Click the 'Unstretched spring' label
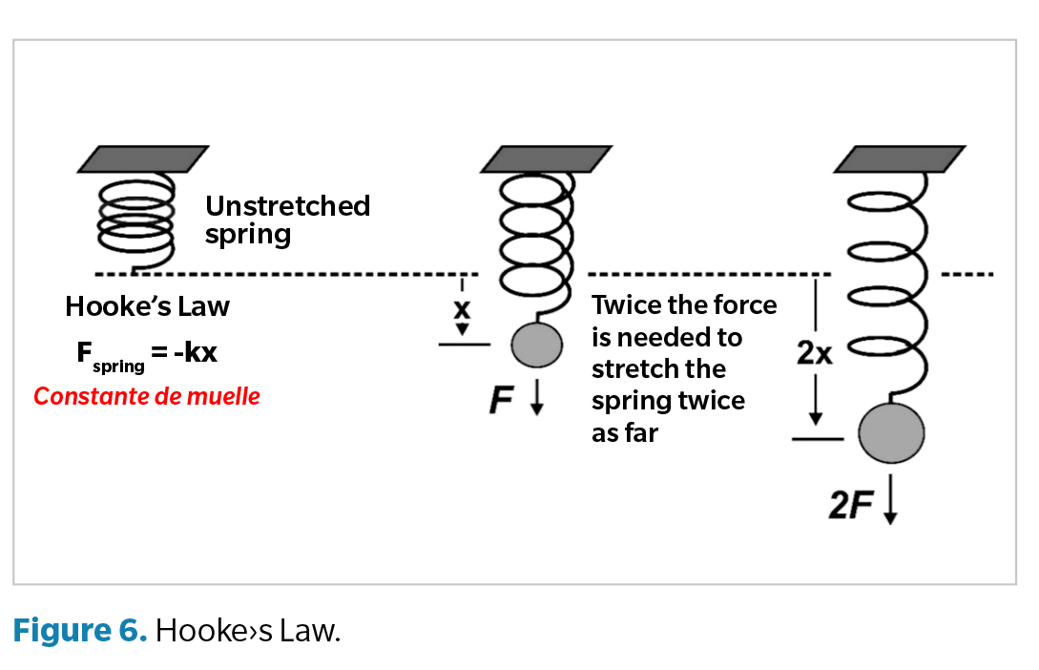tap(287, 220)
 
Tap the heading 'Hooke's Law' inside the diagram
tap(147, 306)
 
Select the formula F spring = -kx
tap(147, 354)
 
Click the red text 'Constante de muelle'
tap(147, 396)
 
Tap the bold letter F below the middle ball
tap(501, 400)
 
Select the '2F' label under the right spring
tap(851, 507)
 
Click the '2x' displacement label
tap(814, 354)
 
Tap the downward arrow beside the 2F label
tap(889, 505)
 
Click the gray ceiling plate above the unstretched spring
tap(143, 158)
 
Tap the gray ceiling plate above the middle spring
tap(537, 158)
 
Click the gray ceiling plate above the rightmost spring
tap(900, 158)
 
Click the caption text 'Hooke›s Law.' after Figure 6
tap(247, 631)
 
